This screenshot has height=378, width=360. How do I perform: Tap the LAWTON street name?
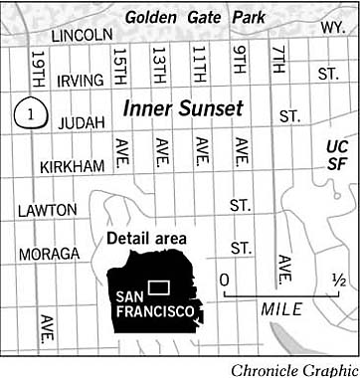pyautogui.click(x=47, y=210)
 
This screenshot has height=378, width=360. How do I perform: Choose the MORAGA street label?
pyautogui.click(x=48, y=254)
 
